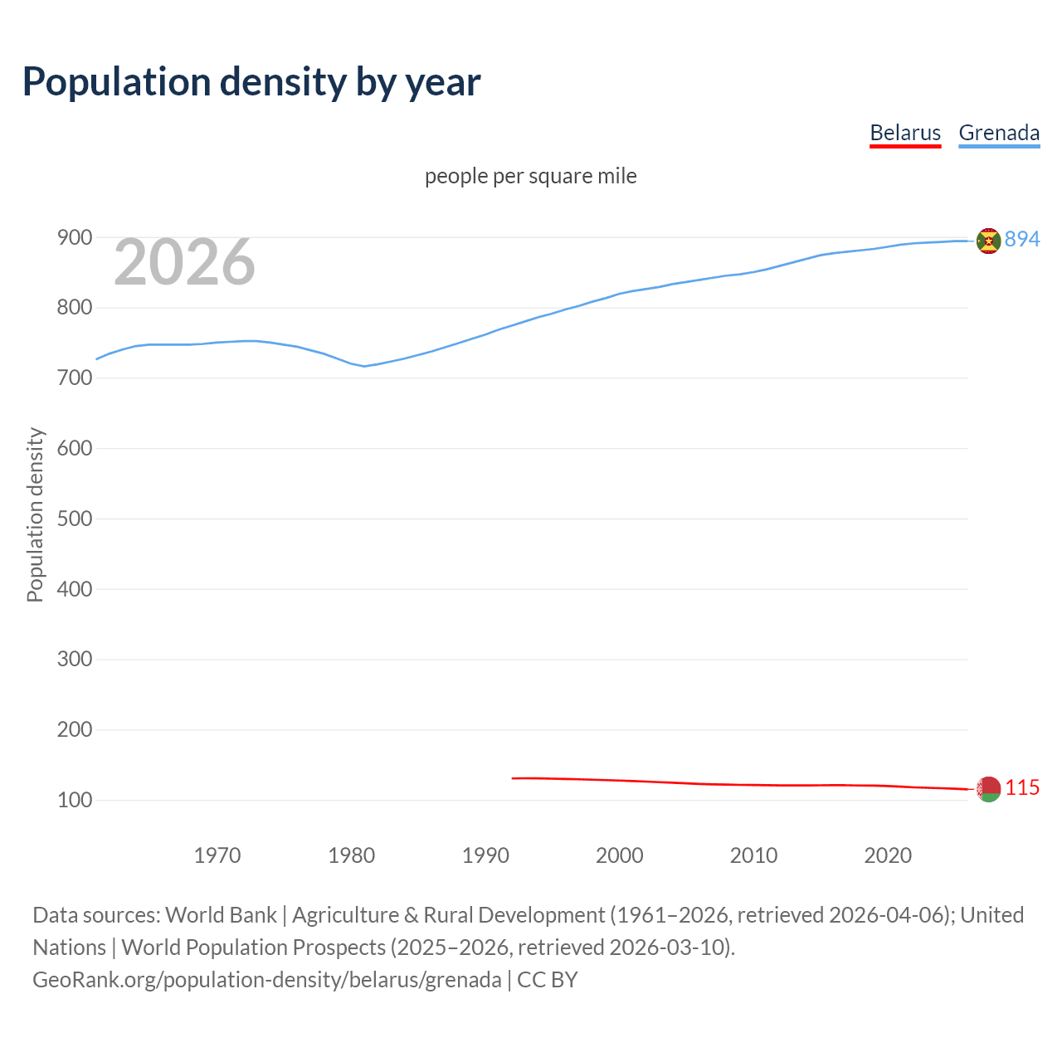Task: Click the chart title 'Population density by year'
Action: [251, 81]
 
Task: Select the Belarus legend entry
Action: [904, 133]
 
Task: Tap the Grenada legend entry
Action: [999, 133]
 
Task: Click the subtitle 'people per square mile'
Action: [530, 176]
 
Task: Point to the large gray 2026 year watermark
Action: [184, 262]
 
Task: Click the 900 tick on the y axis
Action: [74, 238]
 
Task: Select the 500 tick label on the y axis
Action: [74, 519]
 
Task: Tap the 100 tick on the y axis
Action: [74, 801]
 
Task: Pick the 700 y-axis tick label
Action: [74, 378]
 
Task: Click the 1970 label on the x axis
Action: [217, 855]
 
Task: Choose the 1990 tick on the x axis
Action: [485, 855]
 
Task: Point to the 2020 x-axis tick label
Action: [888, 855]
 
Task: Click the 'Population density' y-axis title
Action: [35, 514]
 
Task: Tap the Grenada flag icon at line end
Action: [988, 241]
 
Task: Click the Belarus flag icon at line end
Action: [988, 789]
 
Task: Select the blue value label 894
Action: [1022, 239]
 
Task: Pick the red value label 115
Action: [1022, 787]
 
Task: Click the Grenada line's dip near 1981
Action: [364, 366]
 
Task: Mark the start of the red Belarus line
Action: [514, 778]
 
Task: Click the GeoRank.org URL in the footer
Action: [267, 980]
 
